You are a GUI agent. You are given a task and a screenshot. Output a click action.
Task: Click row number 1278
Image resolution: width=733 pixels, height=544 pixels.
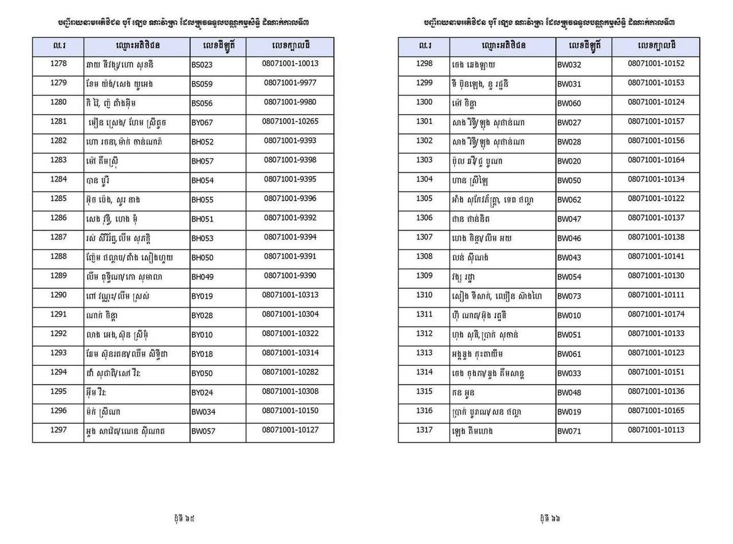(x=58, y=64)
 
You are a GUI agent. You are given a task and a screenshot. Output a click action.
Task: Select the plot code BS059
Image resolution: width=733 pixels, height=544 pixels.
(x=202, y=84)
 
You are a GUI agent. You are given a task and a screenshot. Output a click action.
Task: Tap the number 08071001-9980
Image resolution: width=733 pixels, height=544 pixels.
(x=290, y=102)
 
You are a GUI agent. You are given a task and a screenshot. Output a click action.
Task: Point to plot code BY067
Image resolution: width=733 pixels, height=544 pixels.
(x=202, y=123)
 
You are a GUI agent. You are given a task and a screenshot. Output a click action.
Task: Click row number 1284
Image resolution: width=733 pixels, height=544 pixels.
(x=58, y=179)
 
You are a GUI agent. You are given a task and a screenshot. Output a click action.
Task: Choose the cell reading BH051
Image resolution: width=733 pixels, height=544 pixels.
(x=202, y=219)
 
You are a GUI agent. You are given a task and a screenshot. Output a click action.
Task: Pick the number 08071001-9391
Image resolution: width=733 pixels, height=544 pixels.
(x=290, y=256)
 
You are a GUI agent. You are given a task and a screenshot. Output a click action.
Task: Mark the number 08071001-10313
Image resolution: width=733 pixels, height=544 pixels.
(x=290, y=295)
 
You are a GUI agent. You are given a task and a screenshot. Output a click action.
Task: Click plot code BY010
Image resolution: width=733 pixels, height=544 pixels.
(x=202, y=335)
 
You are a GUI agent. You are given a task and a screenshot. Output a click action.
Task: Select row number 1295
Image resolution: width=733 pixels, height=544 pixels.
(x=58, y=391)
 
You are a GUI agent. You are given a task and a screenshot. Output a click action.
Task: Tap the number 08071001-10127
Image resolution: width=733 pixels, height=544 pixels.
(x=290, y=430)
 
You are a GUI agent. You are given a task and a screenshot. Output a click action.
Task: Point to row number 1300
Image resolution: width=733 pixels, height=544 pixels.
(x=424, y=102)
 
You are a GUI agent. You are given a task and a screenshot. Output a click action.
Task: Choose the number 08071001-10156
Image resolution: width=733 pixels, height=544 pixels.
(x=656, y=140)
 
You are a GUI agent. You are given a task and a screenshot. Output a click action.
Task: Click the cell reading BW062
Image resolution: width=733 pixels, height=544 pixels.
(x=569, y=200)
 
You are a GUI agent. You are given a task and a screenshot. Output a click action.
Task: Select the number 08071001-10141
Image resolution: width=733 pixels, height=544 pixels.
(x=656, y=256)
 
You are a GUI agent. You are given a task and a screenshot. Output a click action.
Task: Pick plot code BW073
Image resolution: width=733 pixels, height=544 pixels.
(x=569, y=296)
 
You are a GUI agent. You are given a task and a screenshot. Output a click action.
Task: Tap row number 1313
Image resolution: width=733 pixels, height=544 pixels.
(x=424, y=353)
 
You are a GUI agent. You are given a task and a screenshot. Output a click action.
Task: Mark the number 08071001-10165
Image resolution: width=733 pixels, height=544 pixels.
(x=656, y=410)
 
